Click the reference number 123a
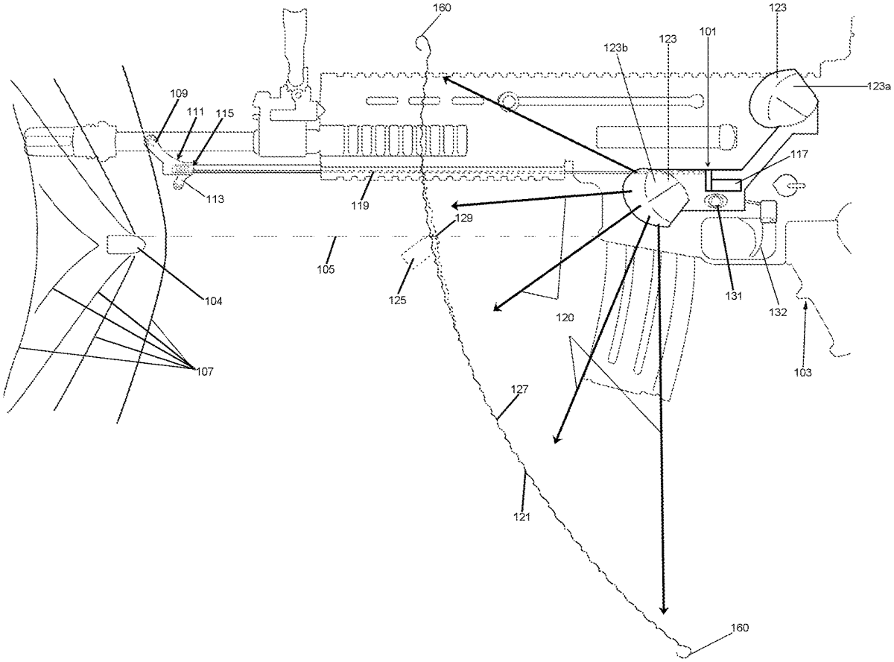(878, 86)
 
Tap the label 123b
(615, 48)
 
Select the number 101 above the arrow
(708, 31)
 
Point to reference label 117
(799, 154)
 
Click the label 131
(734, 296)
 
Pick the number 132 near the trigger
(778, 312)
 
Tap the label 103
(802, 372)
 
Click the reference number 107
(205, 371)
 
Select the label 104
(213, 301)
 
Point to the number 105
(326, 269)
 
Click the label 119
(360, 206)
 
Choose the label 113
(215, 199)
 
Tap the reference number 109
(179, 94)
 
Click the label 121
(521, 517)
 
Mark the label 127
(519, 389)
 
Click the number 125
(397, 300)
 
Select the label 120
(565, 318)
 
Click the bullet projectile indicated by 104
(126, 244)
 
